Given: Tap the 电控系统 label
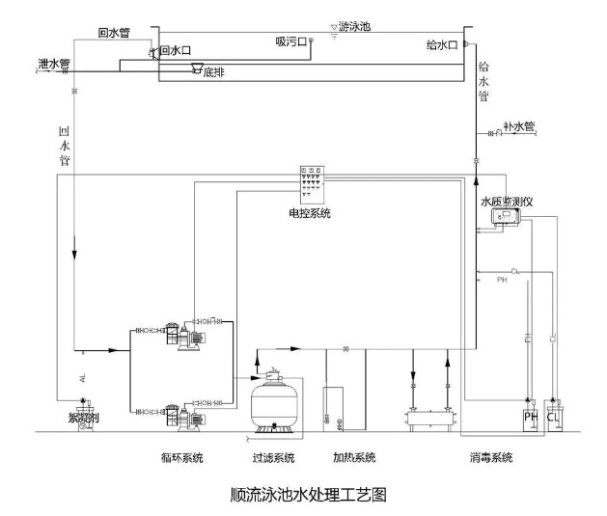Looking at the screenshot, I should pos(310,212).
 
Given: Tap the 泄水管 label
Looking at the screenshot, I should pos(53,65).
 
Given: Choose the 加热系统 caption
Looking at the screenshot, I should pos(353,456).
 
